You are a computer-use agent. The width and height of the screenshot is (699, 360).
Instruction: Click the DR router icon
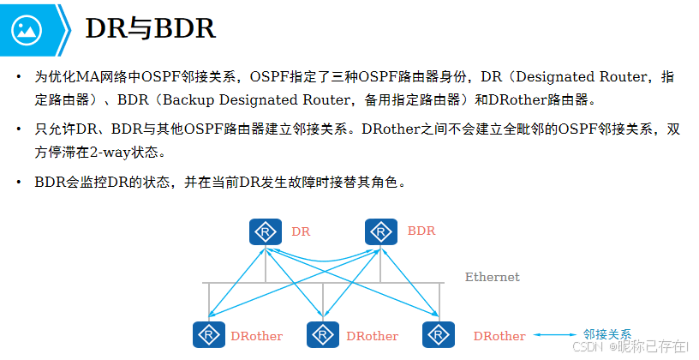[x=266, y=231]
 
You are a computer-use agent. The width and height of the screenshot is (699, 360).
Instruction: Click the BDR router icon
[x=381, y=231]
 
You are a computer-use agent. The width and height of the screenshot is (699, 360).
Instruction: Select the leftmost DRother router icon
[x=207, y=335]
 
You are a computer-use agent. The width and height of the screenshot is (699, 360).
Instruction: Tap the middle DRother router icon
[x=323, y=335]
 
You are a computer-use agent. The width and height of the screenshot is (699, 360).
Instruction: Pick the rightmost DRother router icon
[x=438, y=335]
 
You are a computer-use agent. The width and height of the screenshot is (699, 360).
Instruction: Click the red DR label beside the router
[x=301, y=231]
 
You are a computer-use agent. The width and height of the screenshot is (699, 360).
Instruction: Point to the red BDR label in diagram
[x=421, y=231]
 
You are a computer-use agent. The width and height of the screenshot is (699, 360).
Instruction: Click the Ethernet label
[x=492, y=277]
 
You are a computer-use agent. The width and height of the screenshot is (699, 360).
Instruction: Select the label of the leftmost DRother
[x=256, y=336]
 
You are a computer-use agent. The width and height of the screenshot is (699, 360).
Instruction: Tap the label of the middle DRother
[x=372, y=336]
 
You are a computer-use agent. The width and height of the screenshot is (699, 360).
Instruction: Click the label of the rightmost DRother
[x=499, y=336]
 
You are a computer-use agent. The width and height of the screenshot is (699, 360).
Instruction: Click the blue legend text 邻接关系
[x=607, y=334]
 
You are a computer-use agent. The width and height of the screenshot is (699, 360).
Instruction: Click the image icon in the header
[x=27, y=29]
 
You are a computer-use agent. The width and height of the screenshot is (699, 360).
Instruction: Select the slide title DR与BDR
[x=150, y=29]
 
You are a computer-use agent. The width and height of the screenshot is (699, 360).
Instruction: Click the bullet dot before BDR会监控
[x=19, y=183]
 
